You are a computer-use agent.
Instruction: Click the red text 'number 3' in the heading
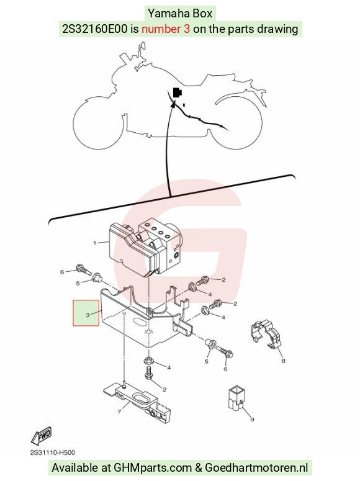click(166, 29)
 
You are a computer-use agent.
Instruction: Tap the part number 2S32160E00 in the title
click(94, 29)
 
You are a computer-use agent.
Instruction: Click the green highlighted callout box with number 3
click(86, 313)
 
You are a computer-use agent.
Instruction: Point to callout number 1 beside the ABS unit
click(95, 243)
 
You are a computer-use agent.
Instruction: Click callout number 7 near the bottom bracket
click(119, 411)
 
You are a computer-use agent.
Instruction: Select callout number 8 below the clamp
click(283, 361)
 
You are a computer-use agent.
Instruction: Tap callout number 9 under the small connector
click(252, 420)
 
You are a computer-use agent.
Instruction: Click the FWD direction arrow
click(42, 436)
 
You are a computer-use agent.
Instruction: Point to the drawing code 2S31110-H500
click(53, 452)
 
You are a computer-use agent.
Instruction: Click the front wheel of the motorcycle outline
click(98, 124)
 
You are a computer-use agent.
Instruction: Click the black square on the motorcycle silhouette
click(178, 92)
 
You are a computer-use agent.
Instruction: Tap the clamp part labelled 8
click(266, 335)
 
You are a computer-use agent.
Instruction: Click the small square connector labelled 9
click(236, 398)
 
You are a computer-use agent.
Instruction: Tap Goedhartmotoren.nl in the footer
click(256, 468)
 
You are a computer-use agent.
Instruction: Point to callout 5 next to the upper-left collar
click(78, 283)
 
